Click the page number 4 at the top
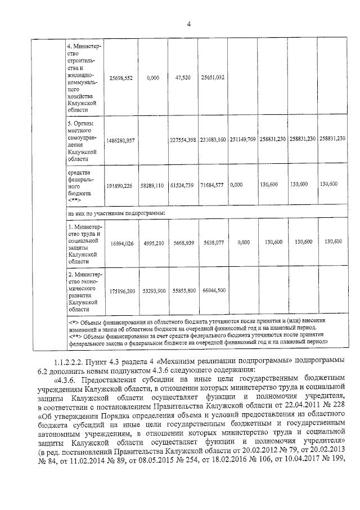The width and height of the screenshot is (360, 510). point(189,23)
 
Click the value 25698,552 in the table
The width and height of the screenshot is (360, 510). point(121,78)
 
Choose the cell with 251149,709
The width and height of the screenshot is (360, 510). point(242,138)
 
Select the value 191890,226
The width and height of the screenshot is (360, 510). point(121,185)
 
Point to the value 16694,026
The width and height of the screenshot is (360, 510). point(121,242)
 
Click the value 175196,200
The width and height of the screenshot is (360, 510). point(121,290)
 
